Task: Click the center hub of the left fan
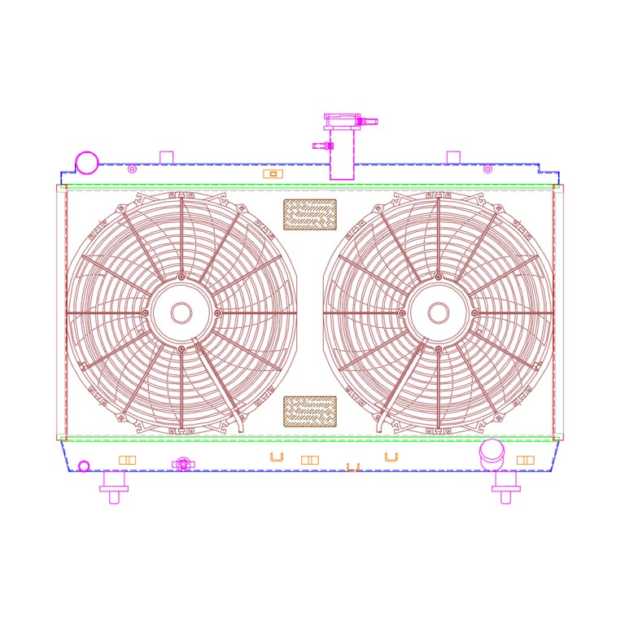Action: [181, 313]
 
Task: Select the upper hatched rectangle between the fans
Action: [309, 215]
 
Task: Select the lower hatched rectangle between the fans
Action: [309, 412]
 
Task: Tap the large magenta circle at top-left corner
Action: [87, 163]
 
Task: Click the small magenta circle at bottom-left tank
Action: [84, 466]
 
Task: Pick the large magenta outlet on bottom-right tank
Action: [492, 451]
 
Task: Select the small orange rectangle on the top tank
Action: [273, 173]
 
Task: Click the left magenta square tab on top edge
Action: [167, 157]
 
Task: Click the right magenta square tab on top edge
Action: [453, 157]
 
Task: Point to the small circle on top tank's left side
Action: [132, 169]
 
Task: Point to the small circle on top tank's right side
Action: [487, 169]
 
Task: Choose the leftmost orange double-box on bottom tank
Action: [127, 460]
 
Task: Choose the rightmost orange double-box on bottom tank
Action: [526, 460]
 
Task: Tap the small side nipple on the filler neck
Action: [323, 146]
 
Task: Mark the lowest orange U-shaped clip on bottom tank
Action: [352, 467]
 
